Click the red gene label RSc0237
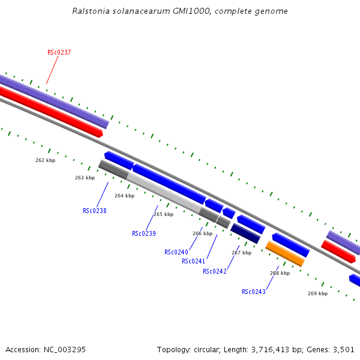coord(59,53)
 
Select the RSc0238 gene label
coord(95,211)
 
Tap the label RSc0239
coord(144,233)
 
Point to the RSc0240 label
coord(176,252)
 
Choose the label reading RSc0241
coord(194,261)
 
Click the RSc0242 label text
coord(215,271)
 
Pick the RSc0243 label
coord(254,292)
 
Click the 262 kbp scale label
coord(45,160)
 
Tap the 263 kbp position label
coord(85,178)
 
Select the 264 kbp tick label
coord(124,196)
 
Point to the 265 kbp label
coord(163,214)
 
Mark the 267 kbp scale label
coord(241,253)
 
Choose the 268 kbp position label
coord(280,273)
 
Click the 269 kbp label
coord(317,293)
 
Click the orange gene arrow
coord(285,254)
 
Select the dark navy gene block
coord(245,233)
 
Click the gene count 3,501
coord(343,349)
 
